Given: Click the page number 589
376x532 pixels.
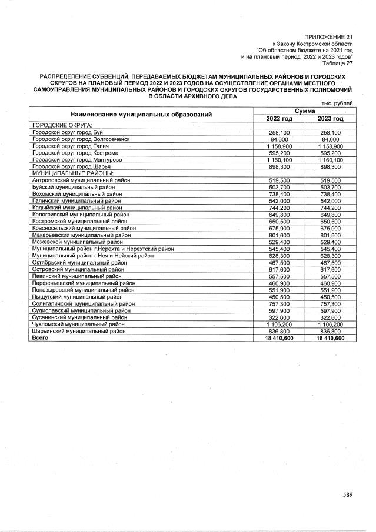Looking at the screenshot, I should [x=348, y=494].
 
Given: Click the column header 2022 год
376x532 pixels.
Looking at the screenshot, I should [x=279, y=119].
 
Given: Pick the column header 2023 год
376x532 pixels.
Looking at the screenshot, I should [x=330, y=119].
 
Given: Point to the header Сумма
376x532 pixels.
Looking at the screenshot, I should [x=305, y=111].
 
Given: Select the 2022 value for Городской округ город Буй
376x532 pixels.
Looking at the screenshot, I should [x=279, y=133].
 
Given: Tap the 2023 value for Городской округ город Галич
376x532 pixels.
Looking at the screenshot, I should [x=330, y=146].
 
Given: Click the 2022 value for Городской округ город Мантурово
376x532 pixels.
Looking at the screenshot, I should [x=279, y=160].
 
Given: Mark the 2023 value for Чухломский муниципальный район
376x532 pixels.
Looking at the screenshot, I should [x=330, y=324].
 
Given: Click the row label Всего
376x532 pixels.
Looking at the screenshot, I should [x=40, y=338].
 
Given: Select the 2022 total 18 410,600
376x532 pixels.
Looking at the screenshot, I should [x=279, y=338].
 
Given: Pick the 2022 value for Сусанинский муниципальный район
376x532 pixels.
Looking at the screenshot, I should [x=279, y=317].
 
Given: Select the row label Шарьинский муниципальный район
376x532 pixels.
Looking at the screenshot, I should [x=78, y=331].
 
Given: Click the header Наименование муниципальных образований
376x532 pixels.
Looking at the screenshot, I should [x=141, y=114].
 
